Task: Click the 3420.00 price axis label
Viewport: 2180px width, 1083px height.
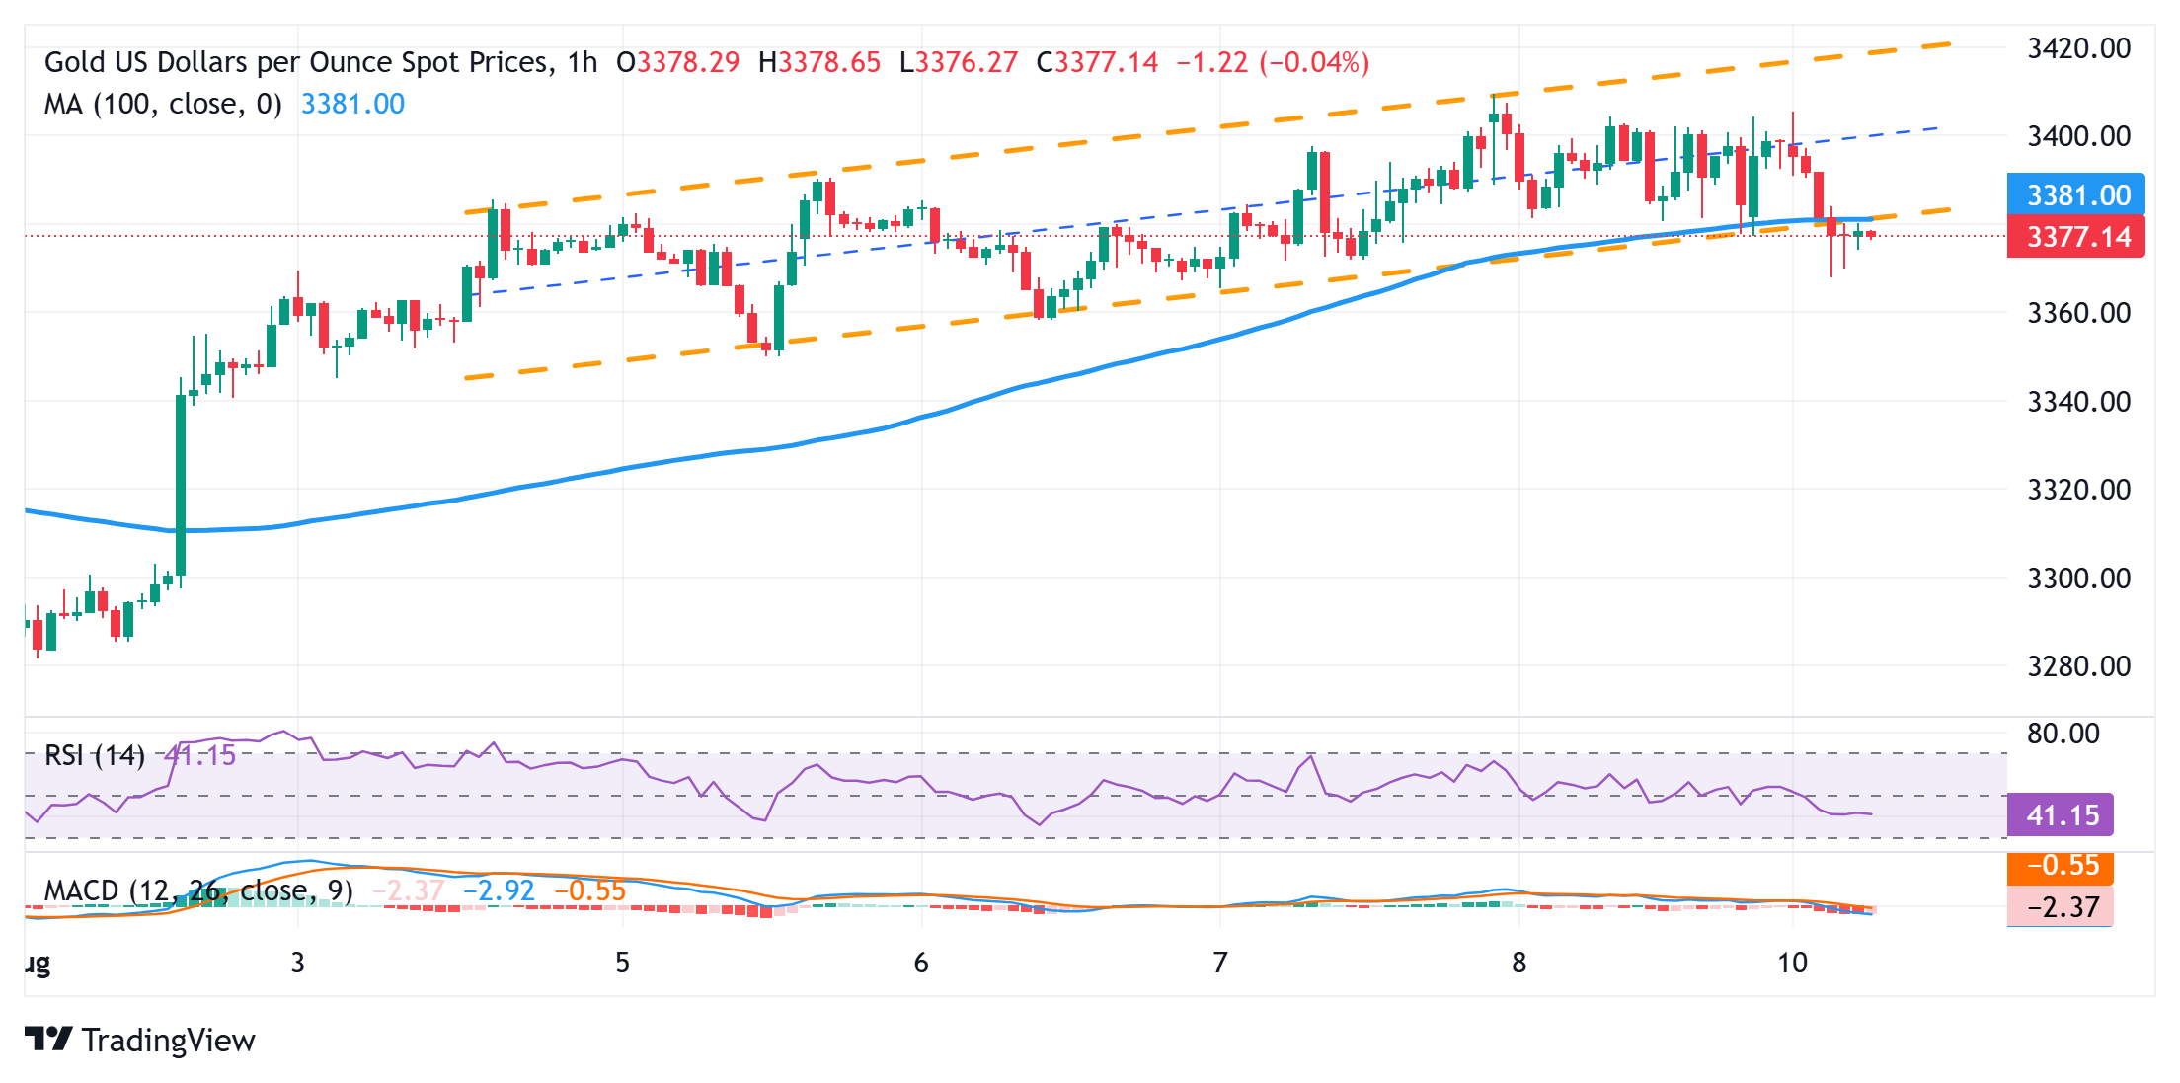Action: click(x=2077, y=48)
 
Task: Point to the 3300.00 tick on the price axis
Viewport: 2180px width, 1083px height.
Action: click(x=2077, y=578)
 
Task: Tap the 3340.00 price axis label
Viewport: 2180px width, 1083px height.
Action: click(x=2077, y=402)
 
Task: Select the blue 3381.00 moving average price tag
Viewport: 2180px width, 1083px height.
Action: click(x=2075, y=195)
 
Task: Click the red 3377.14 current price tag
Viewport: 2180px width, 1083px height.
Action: click(x=2075, y=237)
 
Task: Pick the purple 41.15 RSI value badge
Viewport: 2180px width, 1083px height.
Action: click(x=2061, y=815)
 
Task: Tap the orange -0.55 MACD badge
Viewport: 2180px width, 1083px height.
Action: click(x=2061, y=866)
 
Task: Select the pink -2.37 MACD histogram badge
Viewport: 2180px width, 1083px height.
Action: click(x=2061, y=906)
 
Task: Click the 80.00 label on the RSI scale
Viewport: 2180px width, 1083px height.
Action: click(x=2063, y=734)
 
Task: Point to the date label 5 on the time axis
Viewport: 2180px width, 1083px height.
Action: click(x=622, y=963)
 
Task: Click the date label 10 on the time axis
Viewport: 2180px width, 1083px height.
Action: click(x=1792, y=963)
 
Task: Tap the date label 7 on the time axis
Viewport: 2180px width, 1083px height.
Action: click(x=1220, y=963)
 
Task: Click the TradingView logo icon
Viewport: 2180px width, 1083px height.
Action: click(x=48, y=1040)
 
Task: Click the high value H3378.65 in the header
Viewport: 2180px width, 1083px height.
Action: click(x=818, y=62)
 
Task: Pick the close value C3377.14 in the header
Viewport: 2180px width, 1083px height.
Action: click(x=1097, y=62)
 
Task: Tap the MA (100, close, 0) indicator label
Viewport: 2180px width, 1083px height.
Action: click(x=163, y=104)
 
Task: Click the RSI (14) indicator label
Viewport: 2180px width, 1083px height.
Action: click(x=95, y=756)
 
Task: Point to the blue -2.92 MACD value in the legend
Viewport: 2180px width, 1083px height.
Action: click(x=499, y=890)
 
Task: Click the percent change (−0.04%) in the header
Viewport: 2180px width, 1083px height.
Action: click(x=1314, y=62)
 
